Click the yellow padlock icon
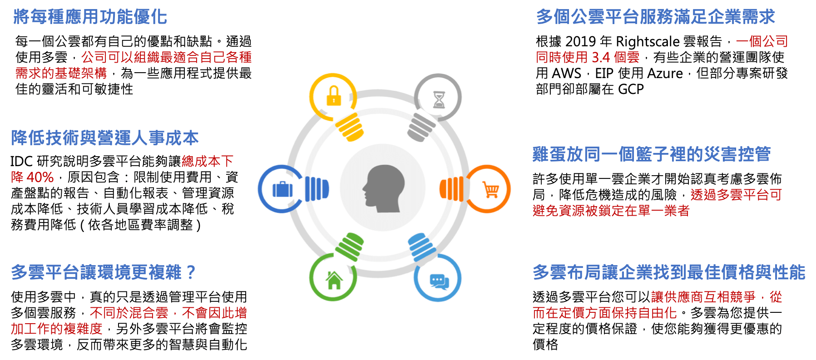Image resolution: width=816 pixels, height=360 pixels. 334,96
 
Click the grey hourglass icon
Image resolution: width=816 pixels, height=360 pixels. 439,99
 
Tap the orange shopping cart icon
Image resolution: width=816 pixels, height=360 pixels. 491,189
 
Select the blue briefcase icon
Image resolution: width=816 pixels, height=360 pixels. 282,189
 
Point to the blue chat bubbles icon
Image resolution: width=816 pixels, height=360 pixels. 439,281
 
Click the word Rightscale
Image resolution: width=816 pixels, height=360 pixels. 648,42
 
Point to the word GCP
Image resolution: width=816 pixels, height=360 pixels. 631,89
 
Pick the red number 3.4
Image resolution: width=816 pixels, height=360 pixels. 601,58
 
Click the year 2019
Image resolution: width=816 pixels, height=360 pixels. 580,42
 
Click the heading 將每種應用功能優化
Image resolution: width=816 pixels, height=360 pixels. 90,17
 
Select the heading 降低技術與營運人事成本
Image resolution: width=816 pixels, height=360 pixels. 105,138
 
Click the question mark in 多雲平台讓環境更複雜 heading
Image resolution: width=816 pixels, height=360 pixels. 191,272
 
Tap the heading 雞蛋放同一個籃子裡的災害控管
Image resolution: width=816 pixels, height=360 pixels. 652,154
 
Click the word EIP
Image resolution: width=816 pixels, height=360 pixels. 604,74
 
